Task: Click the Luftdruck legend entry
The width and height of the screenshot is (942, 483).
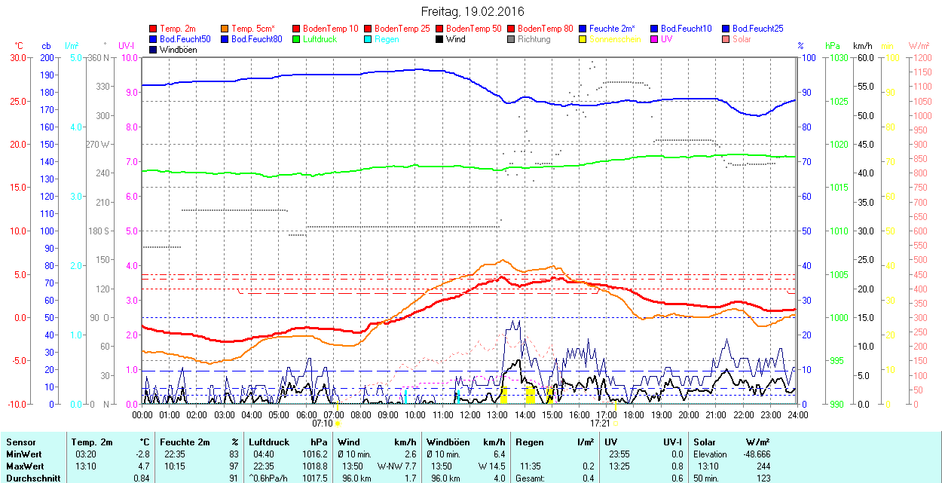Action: (319, 39)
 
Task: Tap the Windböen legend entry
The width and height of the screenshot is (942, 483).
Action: (177, 50)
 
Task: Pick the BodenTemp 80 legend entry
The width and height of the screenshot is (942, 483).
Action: (545, 29)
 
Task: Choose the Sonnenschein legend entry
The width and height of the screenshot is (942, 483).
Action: (614, 39)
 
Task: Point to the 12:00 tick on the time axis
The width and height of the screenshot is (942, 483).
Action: (470, 414)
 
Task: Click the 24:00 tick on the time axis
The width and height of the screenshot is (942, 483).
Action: (797, 414)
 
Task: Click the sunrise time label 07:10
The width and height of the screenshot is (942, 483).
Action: (323, 423)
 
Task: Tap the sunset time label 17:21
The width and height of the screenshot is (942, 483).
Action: (601, 423)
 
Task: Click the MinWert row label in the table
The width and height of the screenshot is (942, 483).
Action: (23, 454)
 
